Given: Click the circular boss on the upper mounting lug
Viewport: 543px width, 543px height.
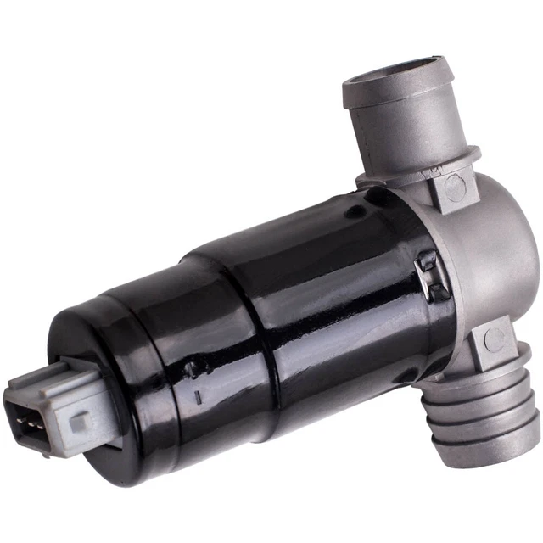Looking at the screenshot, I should [x=455, y=188].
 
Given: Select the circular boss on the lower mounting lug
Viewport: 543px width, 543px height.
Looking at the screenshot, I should [x=494, y=339].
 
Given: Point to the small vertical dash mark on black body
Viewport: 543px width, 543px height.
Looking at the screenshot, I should [x=197, y=395].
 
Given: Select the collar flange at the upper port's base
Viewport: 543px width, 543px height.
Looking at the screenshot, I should [x=416, y=165].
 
